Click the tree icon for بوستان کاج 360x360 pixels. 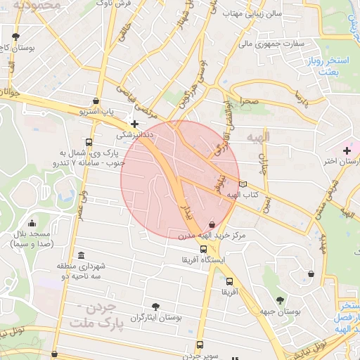click(16, 35)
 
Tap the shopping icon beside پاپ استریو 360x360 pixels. click(96, 100)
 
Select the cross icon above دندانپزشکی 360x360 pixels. click(134, 124)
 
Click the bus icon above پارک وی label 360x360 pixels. click(87, 141)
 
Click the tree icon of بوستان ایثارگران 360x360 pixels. click(155, 306)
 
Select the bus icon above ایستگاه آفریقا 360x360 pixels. click(204, 249)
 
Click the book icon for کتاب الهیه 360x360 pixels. click(243, 184)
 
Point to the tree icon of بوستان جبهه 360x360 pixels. click(281, 300)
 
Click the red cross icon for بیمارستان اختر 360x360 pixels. click(347, 150)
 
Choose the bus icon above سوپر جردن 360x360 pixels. click(200, 345)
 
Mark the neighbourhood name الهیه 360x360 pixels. click(254, 133)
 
